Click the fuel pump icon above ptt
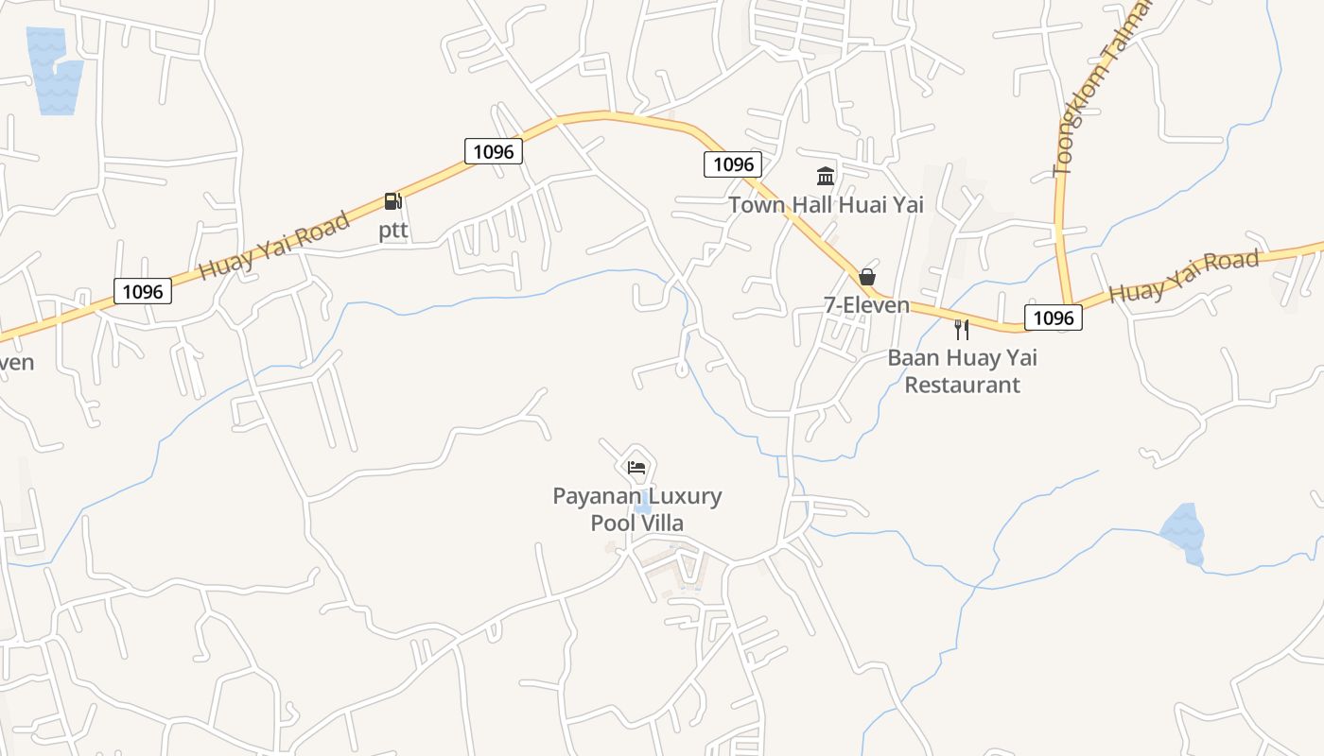(393, 200)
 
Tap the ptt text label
(393, 231)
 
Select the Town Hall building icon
(826, 176)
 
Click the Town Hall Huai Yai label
(826, 204)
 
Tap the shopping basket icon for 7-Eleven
(866, 277)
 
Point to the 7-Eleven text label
(866, 305)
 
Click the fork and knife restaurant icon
(962, 330)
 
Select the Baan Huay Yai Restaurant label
(962, 371)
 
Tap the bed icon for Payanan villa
(636, 467)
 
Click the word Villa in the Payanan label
(659, 524)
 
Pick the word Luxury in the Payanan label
(686, 496)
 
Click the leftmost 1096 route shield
(144, 291)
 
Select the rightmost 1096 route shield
(1054, 318)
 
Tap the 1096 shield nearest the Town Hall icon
(733, 164)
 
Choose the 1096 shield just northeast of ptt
(494, 151)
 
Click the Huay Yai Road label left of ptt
(274, 247)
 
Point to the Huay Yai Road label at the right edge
(1184, 276)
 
